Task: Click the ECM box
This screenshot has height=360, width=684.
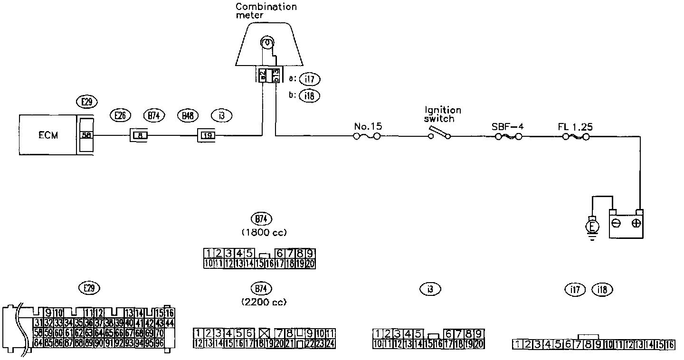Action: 47,135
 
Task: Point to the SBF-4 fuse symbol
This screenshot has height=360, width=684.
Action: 508,137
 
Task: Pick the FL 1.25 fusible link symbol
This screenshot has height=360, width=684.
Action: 575,137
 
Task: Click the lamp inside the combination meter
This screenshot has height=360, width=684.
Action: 267,44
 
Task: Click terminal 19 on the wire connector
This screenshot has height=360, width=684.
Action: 208,136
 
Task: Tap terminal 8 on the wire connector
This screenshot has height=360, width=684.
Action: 140,136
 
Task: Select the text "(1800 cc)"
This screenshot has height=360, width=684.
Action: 264,232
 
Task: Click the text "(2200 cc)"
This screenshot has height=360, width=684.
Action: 264,302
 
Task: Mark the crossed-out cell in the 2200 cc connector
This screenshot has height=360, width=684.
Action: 265,333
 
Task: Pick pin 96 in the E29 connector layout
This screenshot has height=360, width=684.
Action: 160,342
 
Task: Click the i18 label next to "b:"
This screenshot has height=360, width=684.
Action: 310,96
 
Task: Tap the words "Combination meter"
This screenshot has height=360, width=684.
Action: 266,11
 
